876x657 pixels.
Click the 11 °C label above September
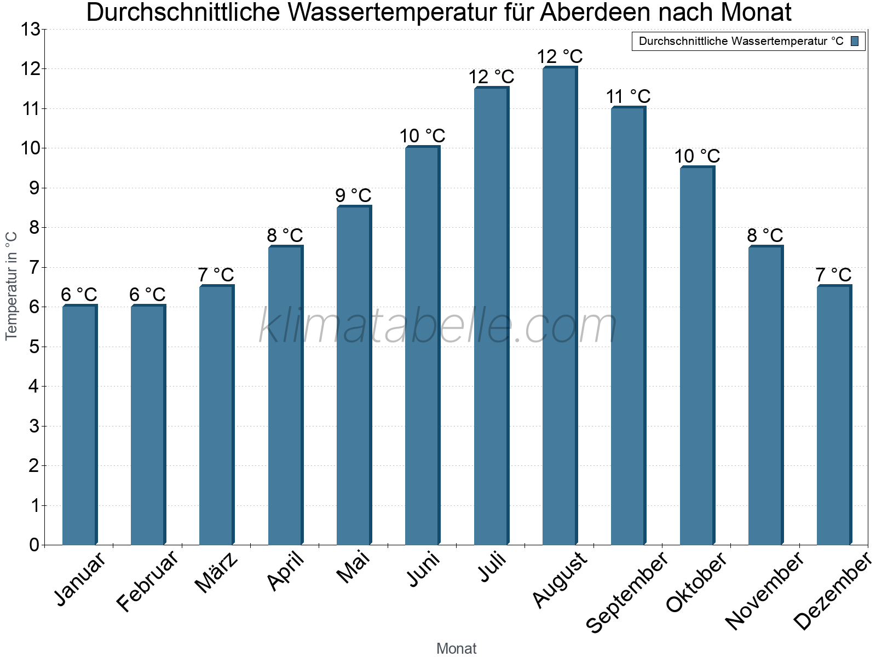click(628, 96)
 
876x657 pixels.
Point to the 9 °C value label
click(353, 195)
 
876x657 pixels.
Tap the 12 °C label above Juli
click(491, 77)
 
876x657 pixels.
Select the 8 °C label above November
click(765, 235)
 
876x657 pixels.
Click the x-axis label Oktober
click(696, 582)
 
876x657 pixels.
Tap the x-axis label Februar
click(148, 581)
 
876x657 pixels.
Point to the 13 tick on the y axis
click(31, 30)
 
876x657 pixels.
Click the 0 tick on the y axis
click(34, 545)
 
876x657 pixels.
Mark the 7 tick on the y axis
click(34, 267)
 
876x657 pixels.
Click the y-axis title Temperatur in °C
click(11, 286)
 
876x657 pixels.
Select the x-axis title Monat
click(456, 648)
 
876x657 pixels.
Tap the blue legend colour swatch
click(855, 41)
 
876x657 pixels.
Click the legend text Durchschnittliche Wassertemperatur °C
click(741, 41)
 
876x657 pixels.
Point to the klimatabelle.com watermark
click(438, 326)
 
